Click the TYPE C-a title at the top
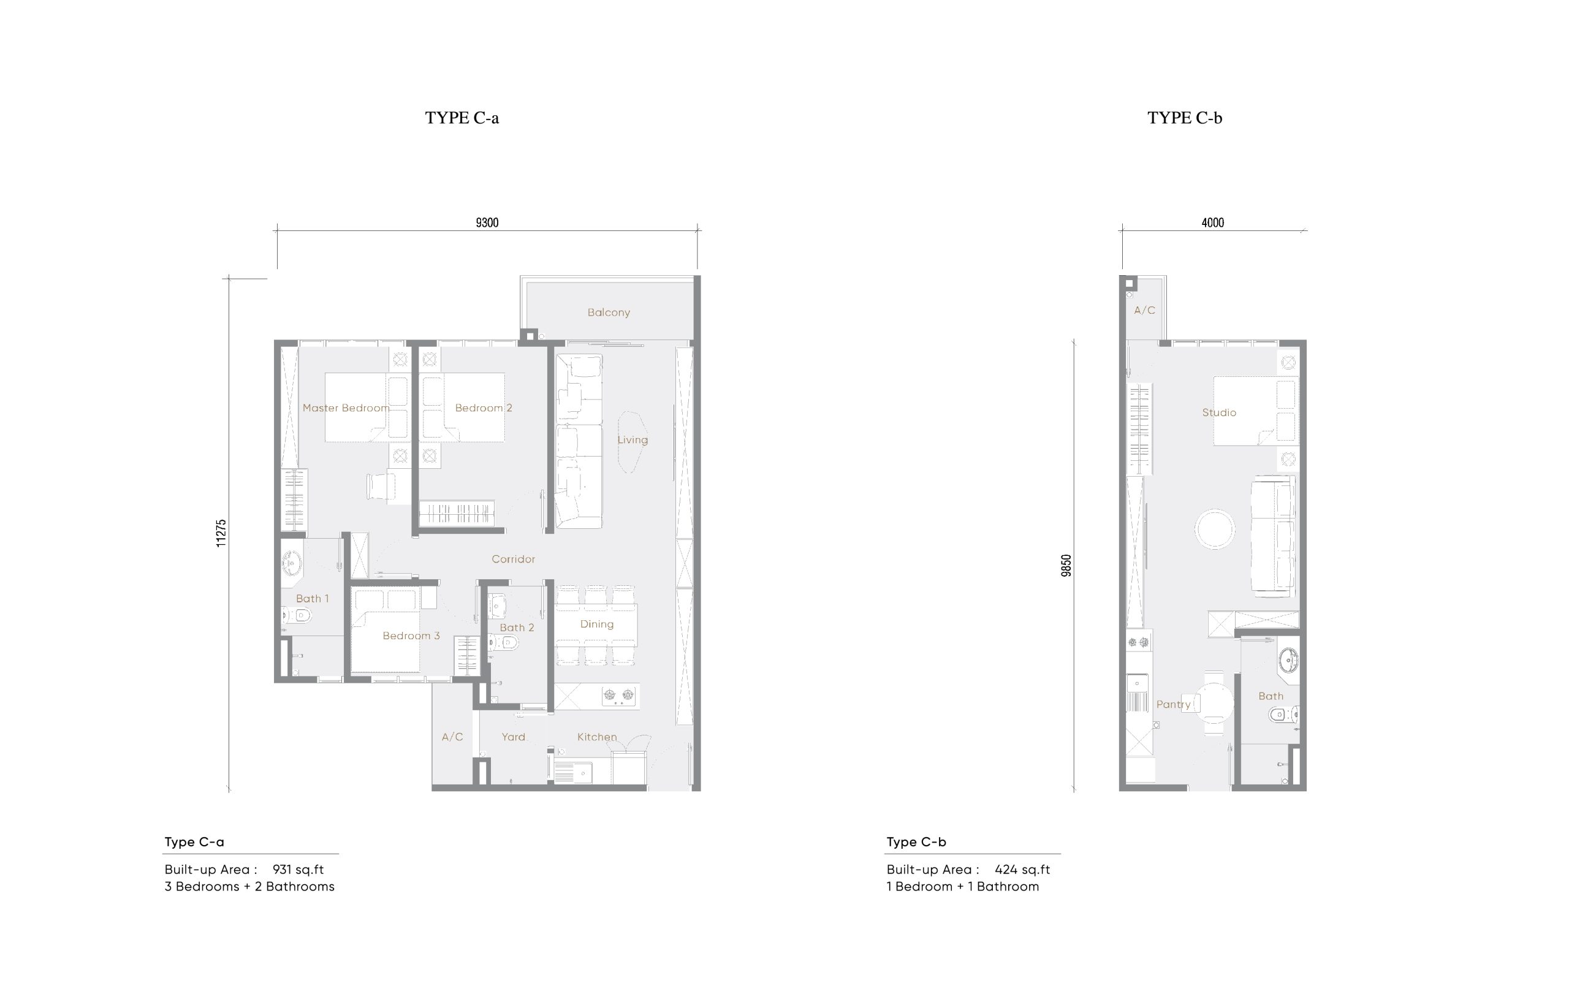click(x=462, y=118)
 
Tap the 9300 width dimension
click(x=487, y=223)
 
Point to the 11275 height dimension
click(x=221, y=533)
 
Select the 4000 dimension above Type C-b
click(x=1212, y=223)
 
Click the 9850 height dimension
click(x=1066, y=566)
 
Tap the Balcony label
click(x=609, y=313)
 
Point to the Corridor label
click(x=514, y=559)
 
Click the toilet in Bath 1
click(x=298, y=614)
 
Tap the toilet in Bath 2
click(x=506, y=643)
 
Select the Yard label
click(x=514, y=737)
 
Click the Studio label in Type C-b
click(x=1219, y=412)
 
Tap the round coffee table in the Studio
click(x=1215, y=528)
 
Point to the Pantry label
click(x=1174, y=704)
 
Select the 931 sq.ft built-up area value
click(x=298, y=869)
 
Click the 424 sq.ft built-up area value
click(x=1022, y=869)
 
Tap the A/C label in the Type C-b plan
click(x=1144, y=310)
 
